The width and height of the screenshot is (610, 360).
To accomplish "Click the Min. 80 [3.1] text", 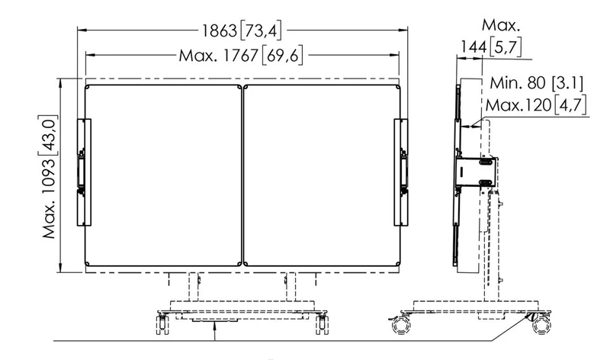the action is [x=537, y=83].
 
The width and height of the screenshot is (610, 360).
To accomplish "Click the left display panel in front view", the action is [x=163, y=175].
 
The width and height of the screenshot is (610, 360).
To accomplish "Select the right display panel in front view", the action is [x=322, y=175].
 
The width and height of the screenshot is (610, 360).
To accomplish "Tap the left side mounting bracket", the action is [x=84, y=172].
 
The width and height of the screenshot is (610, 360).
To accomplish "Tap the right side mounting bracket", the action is [x=401, y=172].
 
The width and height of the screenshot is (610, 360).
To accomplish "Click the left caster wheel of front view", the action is [x=162, y=324].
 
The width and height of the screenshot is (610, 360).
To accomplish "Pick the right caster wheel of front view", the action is [x=322, y=324].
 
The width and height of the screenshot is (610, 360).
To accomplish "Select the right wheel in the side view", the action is [x=541, y=325].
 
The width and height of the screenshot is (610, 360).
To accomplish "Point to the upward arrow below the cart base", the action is [x=214, y=330].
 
